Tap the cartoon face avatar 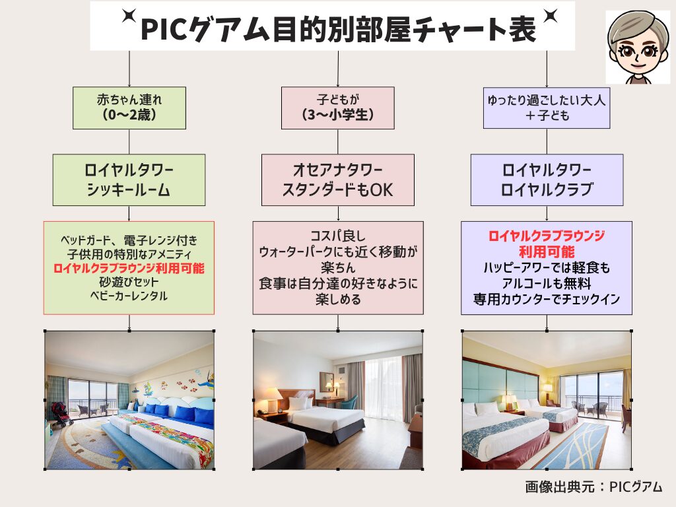pyautogui.click(x=637, y=47)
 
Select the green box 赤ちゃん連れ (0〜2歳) pyautogui.click(x=129, y=108)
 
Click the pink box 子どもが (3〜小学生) pyautogui.click(x=337, y=108)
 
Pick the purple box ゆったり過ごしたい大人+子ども pyautogui.click(x=547, y=108)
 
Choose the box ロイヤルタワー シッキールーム pyautogui.click(x=129, y=180)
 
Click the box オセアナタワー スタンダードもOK pyautogui.click(x=337, y=180)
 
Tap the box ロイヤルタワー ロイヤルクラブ pyautogui.click(x=547, y=180)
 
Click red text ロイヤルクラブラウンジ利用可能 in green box pyautogui.click(x=129, y=268)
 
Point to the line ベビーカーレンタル pyautogui.click(x=129, y=296)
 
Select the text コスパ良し pyautogui.click(x=337, y=236)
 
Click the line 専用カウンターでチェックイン pyautogui.click(x=547, y=299)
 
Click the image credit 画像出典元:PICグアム pyautogui.click(x=593, y=487)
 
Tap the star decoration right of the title pyautogui.click(x=550, y=16)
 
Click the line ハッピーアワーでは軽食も pyautogui.click(x=547, y=267)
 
